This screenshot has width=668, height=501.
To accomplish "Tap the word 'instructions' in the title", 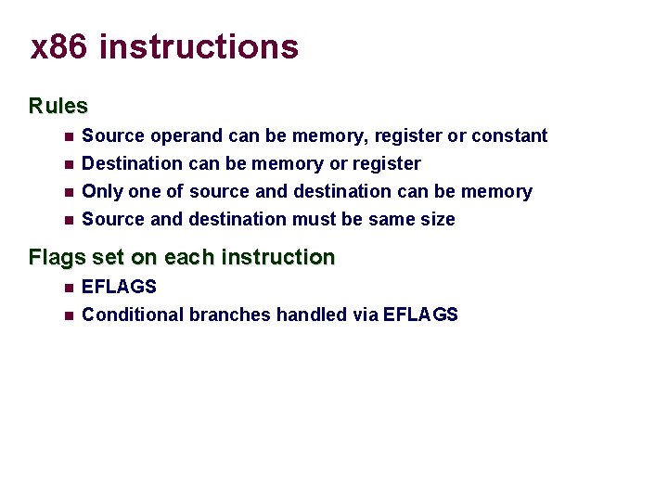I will (199, 46).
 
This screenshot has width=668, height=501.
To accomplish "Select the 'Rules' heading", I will (58, 106).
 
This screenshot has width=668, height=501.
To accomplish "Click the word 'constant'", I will (509, 136).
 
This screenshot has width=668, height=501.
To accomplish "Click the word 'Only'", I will (101, 192).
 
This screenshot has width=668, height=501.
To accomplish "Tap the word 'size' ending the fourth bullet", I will (436, 220).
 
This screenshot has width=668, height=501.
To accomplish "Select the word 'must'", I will (315, 220).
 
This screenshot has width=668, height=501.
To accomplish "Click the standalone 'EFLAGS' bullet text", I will (120, 288).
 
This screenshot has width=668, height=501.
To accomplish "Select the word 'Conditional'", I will (133, 315).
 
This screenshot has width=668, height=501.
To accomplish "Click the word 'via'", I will (366, 315).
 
